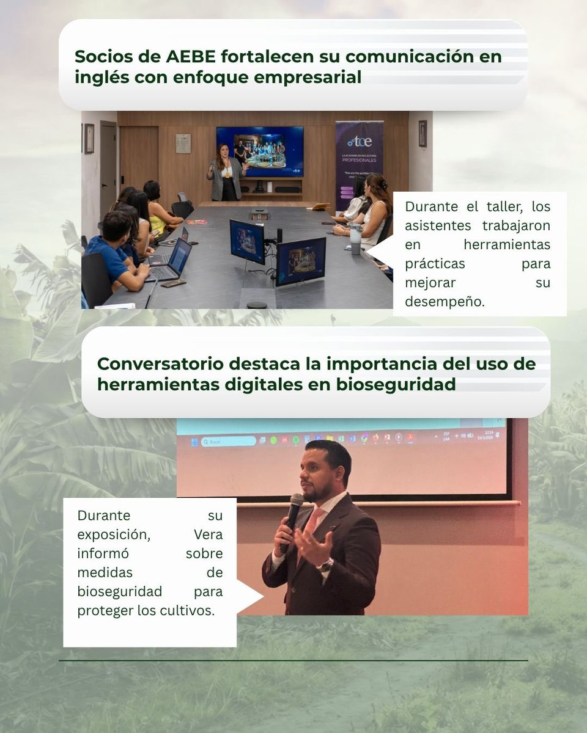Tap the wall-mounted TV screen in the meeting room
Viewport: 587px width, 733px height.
260,151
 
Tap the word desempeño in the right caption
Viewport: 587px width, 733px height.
444,302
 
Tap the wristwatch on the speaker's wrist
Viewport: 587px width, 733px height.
325,565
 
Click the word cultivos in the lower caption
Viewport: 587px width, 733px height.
190,611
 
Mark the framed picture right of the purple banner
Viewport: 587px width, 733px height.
423,134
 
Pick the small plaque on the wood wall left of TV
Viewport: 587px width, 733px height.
183,143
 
